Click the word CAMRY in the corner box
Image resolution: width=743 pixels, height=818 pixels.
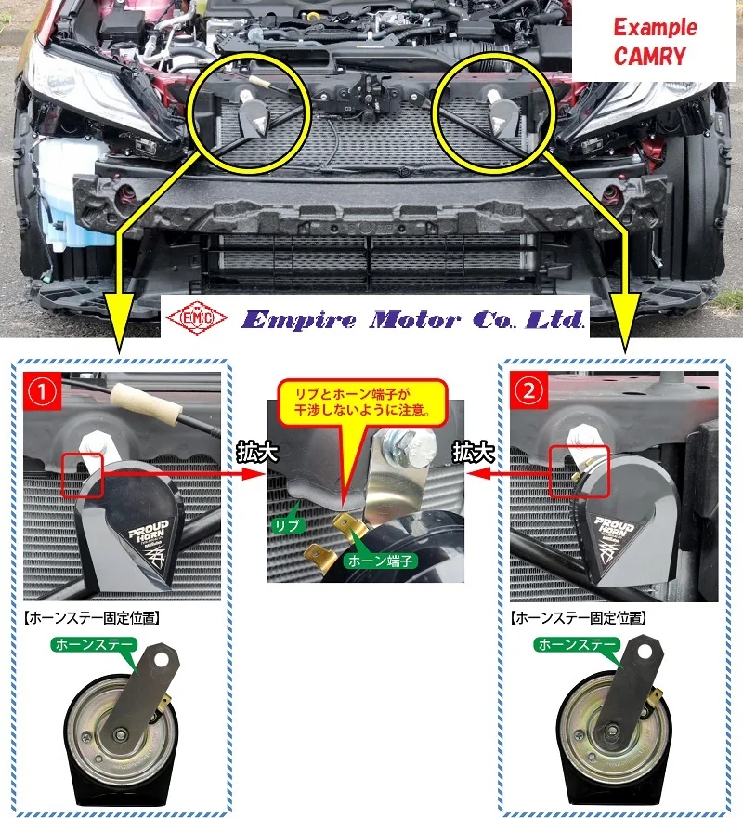click(x=650, y=56)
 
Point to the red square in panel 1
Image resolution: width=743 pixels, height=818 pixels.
click(x=81, y=474)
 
